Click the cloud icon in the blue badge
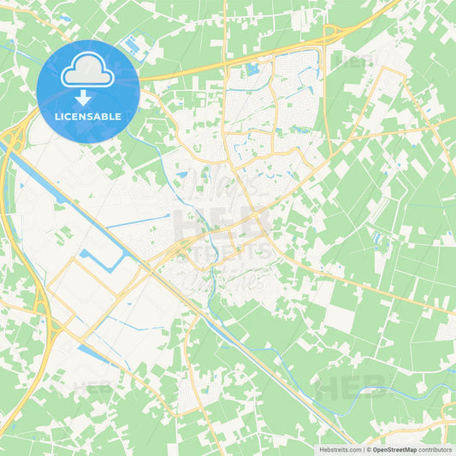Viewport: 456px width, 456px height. [88, 73]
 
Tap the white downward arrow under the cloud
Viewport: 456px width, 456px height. [88, 98]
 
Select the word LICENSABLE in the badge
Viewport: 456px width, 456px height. [88, 115]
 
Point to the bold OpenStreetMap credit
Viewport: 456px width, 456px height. [394, 448]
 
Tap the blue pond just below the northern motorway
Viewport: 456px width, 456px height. [252, 68]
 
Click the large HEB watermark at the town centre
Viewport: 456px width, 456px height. [221, 224]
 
